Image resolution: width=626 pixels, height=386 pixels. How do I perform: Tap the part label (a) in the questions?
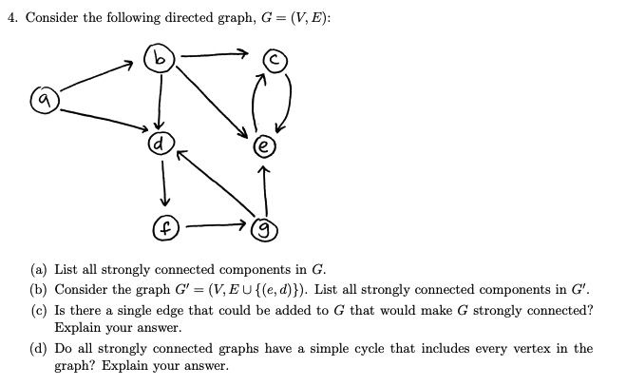[42, 269]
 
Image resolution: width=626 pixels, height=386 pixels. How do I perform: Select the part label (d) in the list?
[42, 349]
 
